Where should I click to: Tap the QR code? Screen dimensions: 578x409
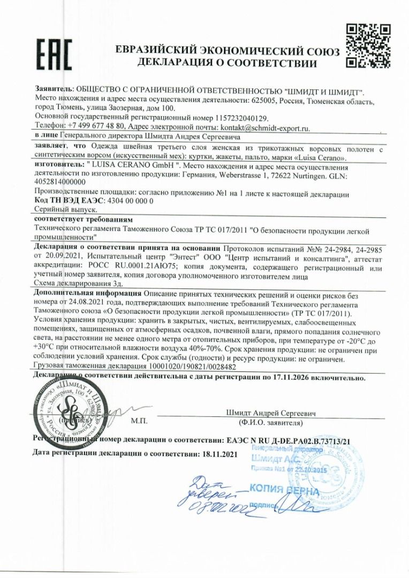pos(368,46)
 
